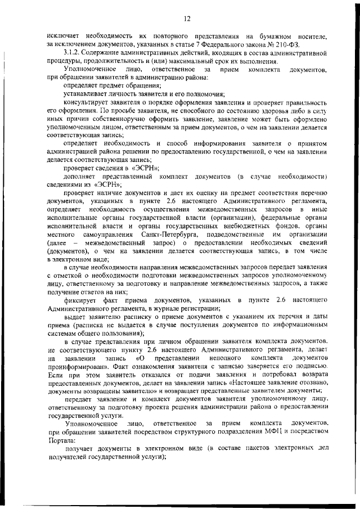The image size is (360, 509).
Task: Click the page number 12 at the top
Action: click(x=187, y=19)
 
